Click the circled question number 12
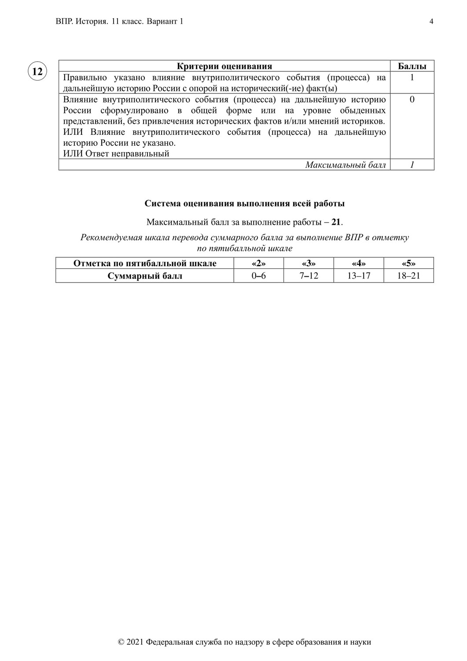click(x=37, y=71)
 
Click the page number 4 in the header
click(x=431, y=22)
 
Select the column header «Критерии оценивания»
click(x=224, y=67)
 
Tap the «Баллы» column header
click(x=412, y=67)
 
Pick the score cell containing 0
click(x=412, y=100)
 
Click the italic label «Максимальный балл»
click(x=346, y=165)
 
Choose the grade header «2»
click(x=259, y=264)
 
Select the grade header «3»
click(x=309, y=264)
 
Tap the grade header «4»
click(x=359, y=264)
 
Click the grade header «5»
click(x=409, y=264)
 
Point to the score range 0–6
click(x=259, y=276)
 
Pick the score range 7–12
click(x=309, y=276)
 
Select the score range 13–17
click(x=359, y=276)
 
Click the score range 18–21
click(x=409, y=276)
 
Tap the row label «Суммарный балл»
click(x=145, y=276)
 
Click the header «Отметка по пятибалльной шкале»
click(x=145, y=264)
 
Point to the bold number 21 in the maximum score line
click(x=336, y=222)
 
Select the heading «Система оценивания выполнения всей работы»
click(x=245, y=204)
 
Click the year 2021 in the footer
click(x=135, y=642)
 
